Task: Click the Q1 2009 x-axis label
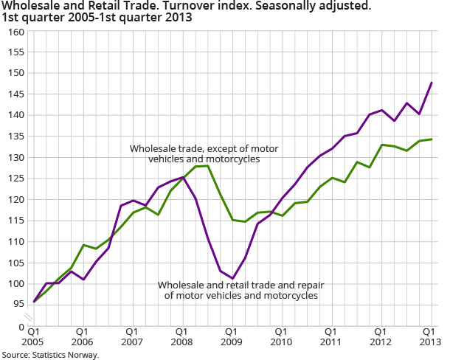[x=231, y=337]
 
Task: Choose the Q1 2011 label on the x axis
[x=330, y=337]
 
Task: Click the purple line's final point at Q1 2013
[x=432, y=83]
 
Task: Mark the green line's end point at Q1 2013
[x=432, y=139]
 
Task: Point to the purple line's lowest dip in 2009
[x=232, y=278]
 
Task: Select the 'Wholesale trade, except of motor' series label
[x=194, y=148]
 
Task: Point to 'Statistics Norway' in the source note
[x=67, y=355]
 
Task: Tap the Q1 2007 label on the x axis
[x=132, y=337]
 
